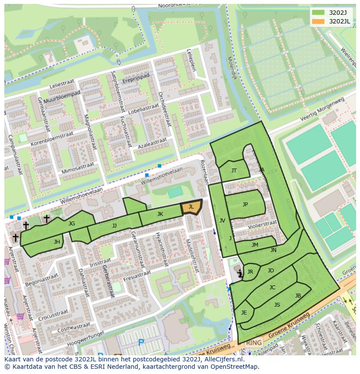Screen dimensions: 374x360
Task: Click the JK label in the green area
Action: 160,214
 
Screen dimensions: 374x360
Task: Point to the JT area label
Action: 234,171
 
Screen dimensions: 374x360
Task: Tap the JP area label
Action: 245,205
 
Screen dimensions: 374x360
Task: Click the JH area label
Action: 57,242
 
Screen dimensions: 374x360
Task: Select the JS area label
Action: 277,305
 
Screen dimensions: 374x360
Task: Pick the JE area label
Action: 244,313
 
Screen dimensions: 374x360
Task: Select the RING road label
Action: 253,343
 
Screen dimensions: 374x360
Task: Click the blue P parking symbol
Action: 141,343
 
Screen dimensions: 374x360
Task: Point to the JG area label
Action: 72,224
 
